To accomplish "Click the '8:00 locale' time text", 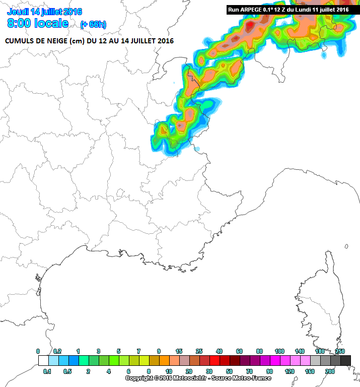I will pyautogui.click(x=38, y=23).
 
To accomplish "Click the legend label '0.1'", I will pyautogui.click(x=47, y=371).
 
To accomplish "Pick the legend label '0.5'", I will pyautogui.click(x=67, y=371).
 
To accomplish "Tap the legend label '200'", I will pyautogui.click(x=330, y=371).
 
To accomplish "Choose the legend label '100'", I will pyautogui.click(x=279, y=351).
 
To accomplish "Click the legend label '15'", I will pyautogui.click(x=179, y=351).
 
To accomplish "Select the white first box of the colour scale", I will pyautogui.click(x=43, y=361).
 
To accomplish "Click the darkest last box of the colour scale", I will pyautogui.click(x=345, y=361).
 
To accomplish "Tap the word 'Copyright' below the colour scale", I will pyautogui.click(x=139, y=378).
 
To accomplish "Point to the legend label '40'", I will pyautogui.click(x=219, y=351).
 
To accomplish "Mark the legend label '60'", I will pyautogui.click(x=239, y=351).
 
